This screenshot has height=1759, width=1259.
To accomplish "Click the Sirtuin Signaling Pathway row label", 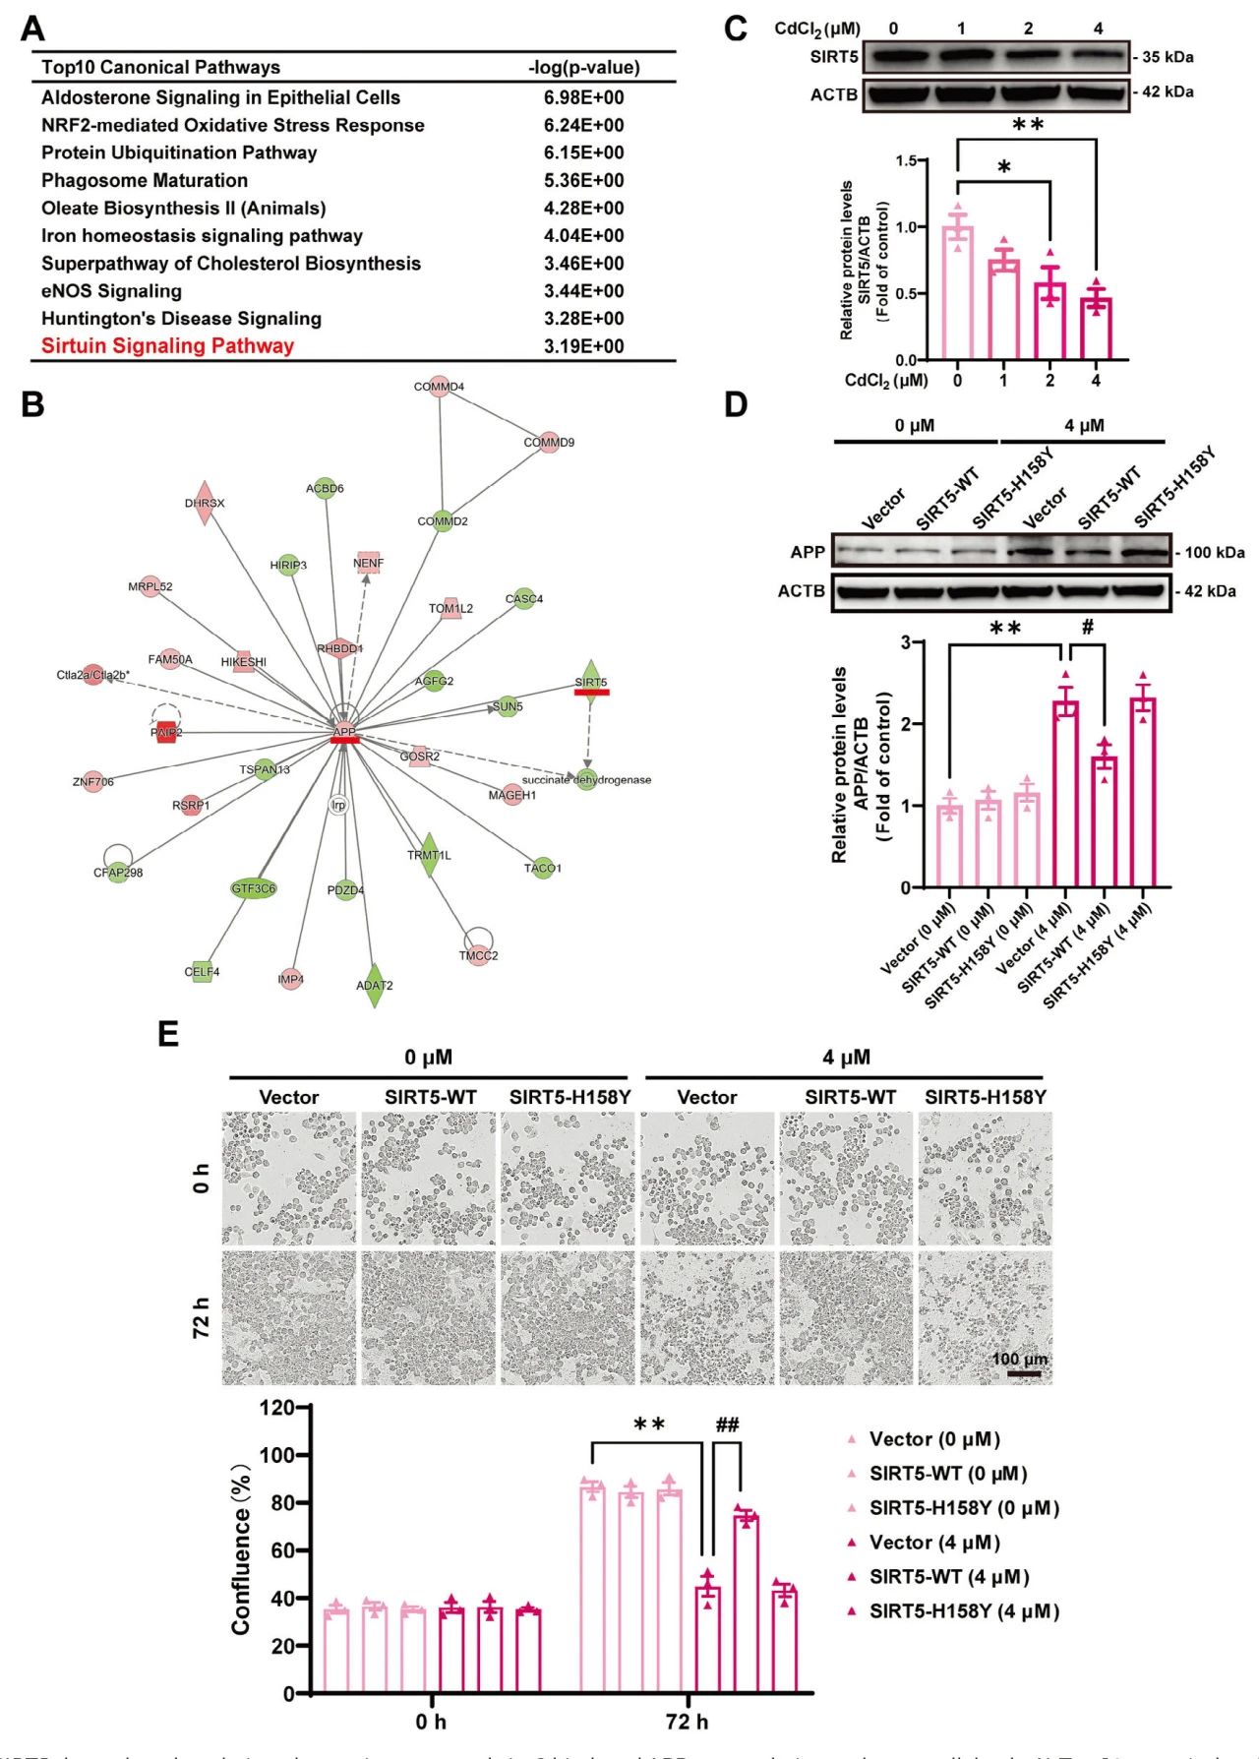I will (167, 346).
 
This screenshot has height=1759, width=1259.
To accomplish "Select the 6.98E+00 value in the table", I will (583, 97).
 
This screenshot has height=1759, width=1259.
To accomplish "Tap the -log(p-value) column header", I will (583, 67).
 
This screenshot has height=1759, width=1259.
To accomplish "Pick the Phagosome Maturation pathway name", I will (145, 180).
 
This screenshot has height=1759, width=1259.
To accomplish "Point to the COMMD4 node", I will (439, 387).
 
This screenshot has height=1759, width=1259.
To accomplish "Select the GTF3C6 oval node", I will (254, 888).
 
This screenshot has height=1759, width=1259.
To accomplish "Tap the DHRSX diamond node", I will (205, 503).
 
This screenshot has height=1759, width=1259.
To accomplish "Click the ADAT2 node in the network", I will (374, 985).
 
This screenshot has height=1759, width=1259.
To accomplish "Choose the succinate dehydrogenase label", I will (586, 779).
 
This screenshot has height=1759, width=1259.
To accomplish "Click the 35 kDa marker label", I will (1167, 57).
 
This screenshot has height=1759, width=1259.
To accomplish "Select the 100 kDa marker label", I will (1214, 553).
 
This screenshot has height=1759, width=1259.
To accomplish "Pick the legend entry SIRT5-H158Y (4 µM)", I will (963, 1611).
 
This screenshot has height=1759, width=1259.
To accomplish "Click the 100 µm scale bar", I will (1023, 1372).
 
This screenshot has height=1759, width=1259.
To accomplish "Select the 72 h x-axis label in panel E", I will (687, 1722).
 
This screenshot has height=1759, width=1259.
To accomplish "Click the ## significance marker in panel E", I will (727, 1425).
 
